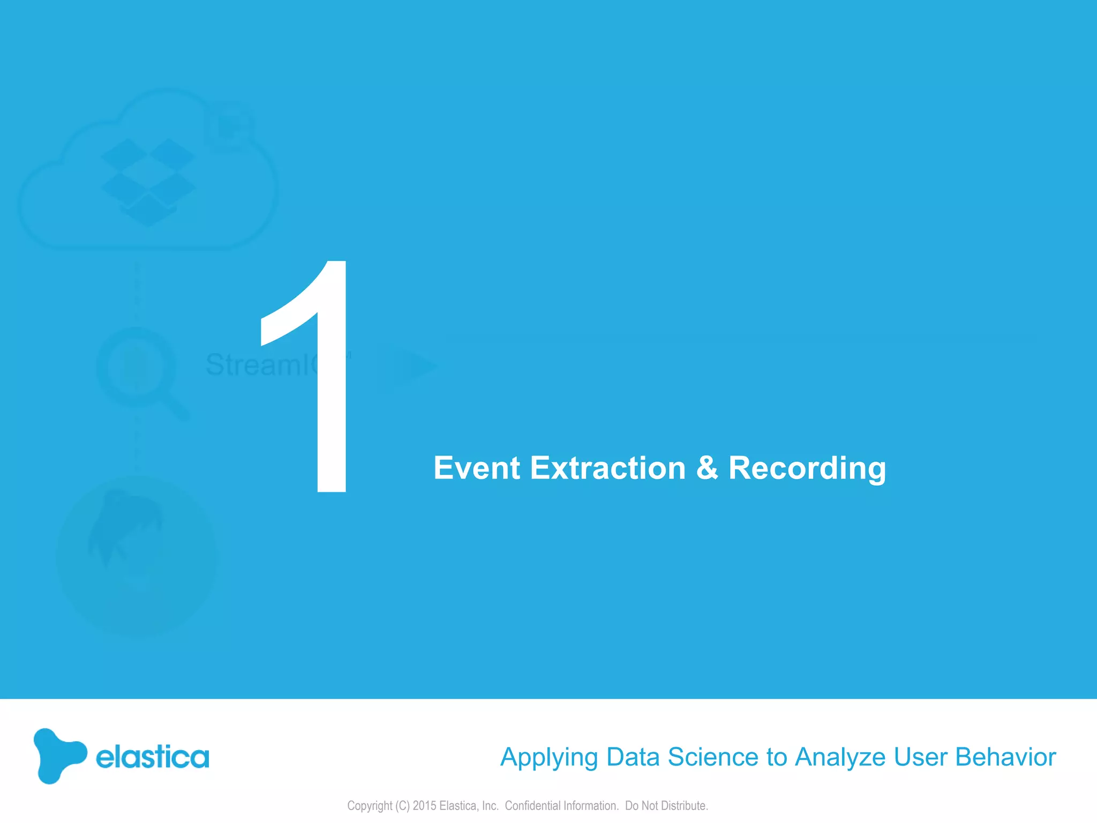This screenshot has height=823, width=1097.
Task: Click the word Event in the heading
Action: point(476,468)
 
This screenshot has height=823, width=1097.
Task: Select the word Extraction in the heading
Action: point(608,468)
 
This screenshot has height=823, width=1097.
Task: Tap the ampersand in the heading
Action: point(707,468)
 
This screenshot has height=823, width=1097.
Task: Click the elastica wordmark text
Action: point(152,757)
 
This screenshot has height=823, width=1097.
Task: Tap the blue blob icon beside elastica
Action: point(58,755)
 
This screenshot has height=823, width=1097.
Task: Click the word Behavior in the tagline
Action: point(1005,757)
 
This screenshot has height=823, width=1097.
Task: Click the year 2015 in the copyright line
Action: point(424,805)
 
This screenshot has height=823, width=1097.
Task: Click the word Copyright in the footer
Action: point(370,806)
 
